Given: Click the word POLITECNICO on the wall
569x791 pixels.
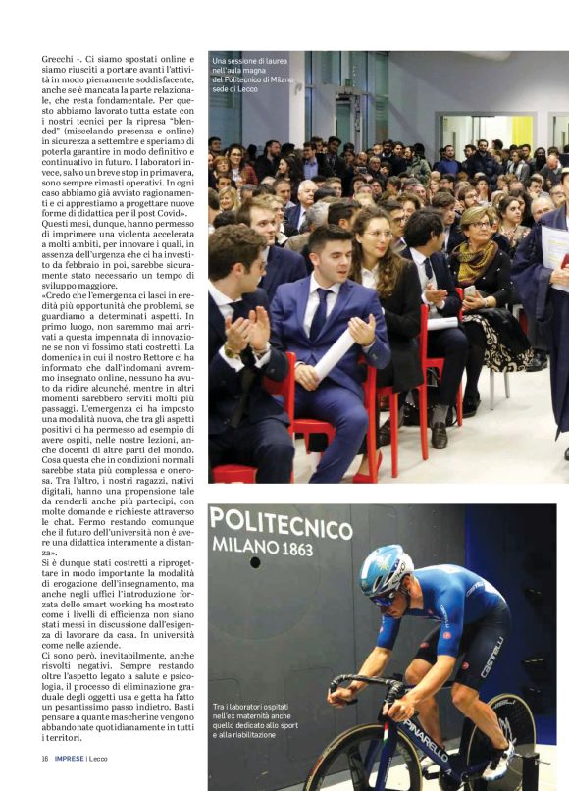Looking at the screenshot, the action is pyautogui.click(x=281, y=522).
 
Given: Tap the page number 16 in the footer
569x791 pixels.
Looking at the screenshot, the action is pyautogui.click(x=45, y=759).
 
